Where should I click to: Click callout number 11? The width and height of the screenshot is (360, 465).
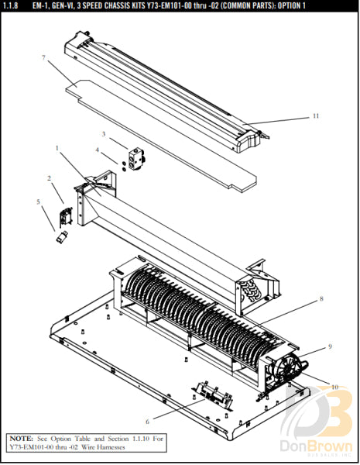click(315, 116)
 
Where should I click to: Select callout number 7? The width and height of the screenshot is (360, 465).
click(45, 59)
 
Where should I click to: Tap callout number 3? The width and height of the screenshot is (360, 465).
click(103, 134)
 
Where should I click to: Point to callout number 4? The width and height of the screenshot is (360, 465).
click(97, 150)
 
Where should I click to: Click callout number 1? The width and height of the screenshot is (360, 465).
click(57, 147)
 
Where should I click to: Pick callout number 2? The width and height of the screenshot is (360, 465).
click(49, 178)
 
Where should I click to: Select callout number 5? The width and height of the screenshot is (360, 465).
click(38, 202)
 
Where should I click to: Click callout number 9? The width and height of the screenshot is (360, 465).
click(329, 346)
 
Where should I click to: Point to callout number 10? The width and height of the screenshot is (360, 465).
click(335, 386)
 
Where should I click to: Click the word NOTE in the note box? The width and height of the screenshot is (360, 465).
click(22, 439)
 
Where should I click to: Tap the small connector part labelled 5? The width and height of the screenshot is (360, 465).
click(61, 236)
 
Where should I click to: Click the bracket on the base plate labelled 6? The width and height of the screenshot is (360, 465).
click(211, 394)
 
